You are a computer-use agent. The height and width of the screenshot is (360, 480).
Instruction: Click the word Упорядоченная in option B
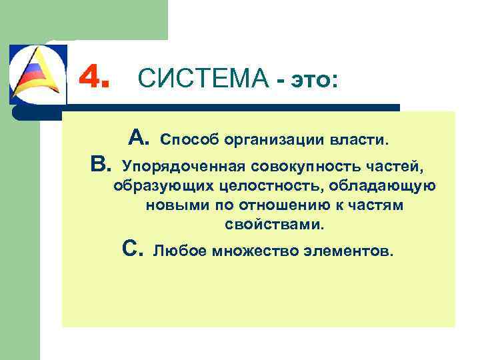(176, 164)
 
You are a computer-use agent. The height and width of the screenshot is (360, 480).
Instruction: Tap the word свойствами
(274, 225)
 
